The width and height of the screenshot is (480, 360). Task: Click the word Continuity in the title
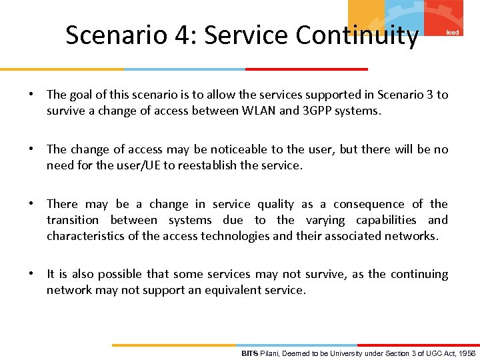357,35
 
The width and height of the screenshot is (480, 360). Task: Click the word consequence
369,204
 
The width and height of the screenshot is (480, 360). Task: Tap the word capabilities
386,220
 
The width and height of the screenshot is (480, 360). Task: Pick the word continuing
419,274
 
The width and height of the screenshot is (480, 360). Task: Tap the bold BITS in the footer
249,353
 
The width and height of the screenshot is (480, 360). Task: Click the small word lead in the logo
452,33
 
